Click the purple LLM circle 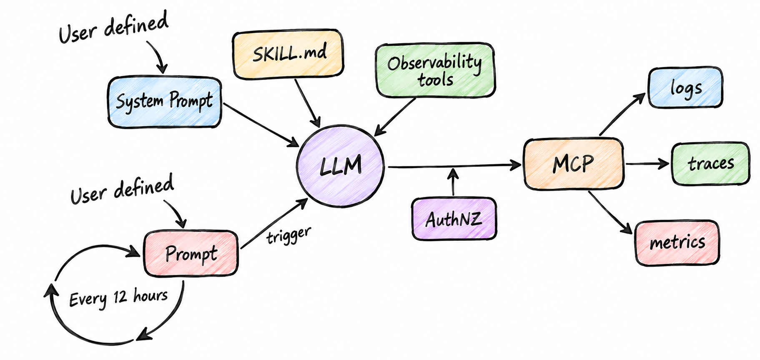[340, 166]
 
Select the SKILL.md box [288, 54]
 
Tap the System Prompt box [164, 102]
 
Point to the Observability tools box [435, 70]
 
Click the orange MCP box [574, 164]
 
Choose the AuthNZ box [454, 219]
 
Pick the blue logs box [685, 88]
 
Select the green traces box [710, 164]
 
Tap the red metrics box [677, 243]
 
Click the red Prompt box [191, 253]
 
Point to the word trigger [289, 236]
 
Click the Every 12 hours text [118, 298]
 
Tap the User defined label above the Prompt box [122, 190]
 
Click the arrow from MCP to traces [647, 164]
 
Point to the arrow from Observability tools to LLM [395, 117]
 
